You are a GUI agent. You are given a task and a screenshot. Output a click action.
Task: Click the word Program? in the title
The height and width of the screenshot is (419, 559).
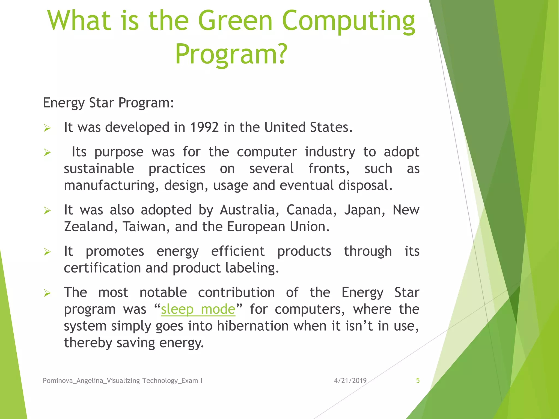[x=231, y=54]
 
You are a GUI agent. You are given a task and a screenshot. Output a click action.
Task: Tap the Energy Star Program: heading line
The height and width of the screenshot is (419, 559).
[x=108, y=103]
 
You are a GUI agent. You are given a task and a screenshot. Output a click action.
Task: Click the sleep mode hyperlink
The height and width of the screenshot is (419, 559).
[x=198, y=309]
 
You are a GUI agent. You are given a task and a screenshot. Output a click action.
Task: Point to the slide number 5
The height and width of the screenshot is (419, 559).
[x=418, y=381]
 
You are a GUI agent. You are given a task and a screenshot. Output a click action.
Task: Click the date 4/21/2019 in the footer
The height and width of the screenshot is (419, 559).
[x=350, y=381]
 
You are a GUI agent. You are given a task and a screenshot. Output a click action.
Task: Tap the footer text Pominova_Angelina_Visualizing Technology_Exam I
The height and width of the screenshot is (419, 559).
[x=123, y=381]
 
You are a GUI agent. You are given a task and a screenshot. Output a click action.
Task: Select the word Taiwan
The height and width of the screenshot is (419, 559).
[x=144, y=227]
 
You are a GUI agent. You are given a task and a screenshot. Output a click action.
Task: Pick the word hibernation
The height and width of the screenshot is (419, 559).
[x=253, y=326]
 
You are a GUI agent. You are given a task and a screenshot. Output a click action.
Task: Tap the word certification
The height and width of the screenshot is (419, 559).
[x=102, y=268]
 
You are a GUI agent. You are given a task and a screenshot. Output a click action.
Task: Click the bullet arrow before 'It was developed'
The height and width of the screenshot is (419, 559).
[x=47, y=128]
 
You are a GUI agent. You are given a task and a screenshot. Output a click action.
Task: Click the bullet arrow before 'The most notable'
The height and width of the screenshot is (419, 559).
[x=47, y=293]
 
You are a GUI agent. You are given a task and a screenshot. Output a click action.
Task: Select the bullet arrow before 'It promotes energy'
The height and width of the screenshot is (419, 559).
[x=47, y=252]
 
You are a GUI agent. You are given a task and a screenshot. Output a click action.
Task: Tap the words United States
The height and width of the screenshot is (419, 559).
[x=308, y=127]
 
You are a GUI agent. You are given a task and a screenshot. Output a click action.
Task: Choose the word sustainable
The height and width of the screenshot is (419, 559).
[x=99, y=169]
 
